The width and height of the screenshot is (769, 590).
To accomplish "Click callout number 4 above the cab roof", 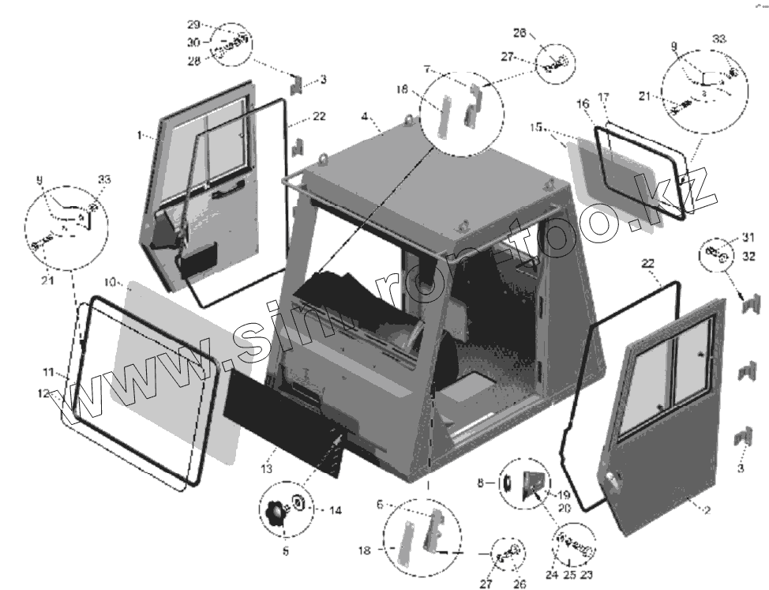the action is click(365, 117).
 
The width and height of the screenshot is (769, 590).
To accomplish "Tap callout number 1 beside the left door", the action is click(140, 136).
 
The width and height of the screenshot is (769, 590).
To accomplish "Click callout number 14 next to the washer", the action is click(335, 510).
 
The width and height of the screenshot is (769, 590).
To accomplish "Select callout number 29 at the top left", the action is click(194, 24).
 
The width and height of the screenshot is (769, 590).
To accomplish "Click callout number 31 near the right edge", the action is click(748, 238).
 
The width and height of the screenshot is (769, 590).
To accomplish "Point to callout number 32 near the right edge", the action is click(748, 256).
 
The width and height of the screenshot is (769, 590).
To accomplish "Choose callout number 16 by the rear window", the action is click(583, 103).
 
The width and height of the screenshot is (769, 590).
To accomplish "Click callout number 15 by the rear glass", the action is click(535, 127).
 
